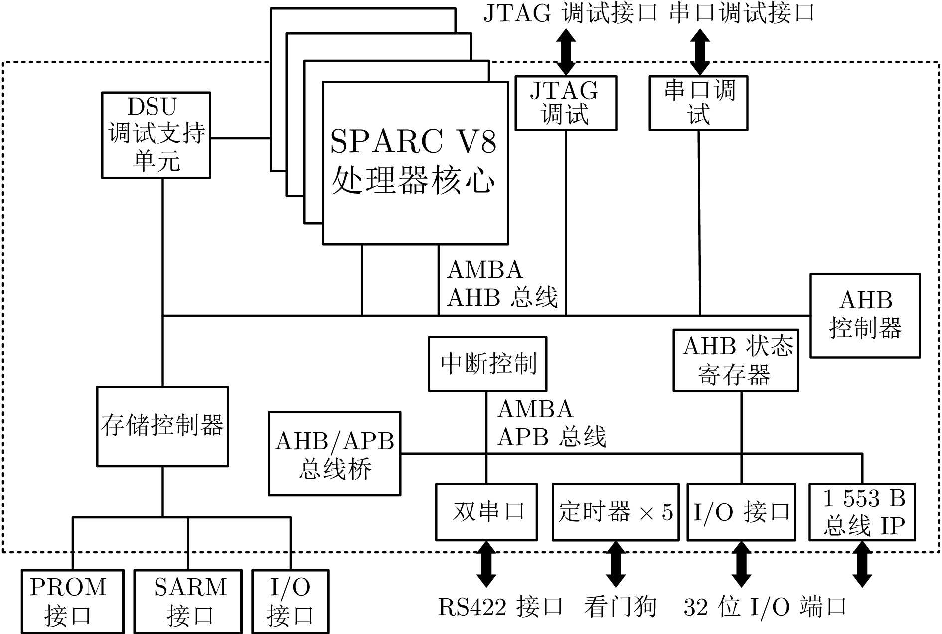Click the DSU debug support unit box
click(156, 135)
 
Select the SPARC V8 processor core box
click(415, 163)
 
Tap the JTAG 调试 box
click(566, 103)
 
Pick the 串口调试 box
click(698, 103)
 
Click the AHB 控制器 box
click(865, 315)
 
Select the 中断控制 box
click(487, 364)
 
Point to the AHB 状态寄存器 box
click(736, 360)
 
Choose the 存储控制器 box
click(162, 426)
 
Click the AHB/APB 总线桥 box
click(334, 453)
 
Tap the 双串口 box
click(486, 511)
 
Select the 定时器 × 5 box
click(616, 511)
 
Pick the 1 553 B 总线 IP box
click(862, 511)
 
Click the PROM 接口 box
click(73, 601)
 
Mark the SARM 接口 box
click(188, 601)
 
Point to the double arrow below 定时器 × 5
click(616, 564)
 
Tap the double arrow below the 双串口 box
click(486, 564)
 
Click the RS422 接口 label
click(500, 607)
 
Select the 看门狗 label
click(621, 607)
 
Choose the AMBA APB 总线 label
click(551, 423)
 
